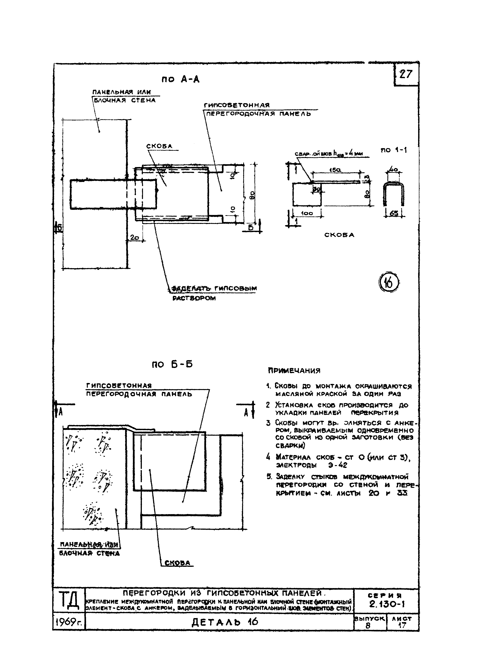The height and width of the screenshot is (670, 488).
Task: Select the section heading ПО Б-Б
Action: [x=172, y=364]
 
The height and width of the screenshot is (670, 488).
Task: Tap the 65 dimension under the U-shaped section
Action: [x=394, y=213]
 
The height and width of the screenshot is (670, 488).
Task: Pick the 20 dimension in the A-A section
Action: [x=135, y=237]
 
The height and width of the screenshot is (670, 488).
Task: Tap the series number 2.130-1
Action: [x=387, y=604]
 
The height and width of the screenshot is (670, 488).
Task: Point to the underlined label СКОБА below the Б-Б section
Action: [x=177, y=563]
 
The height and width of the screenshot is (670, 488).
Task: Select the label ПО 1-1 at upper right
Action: [x=394, y=150]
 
